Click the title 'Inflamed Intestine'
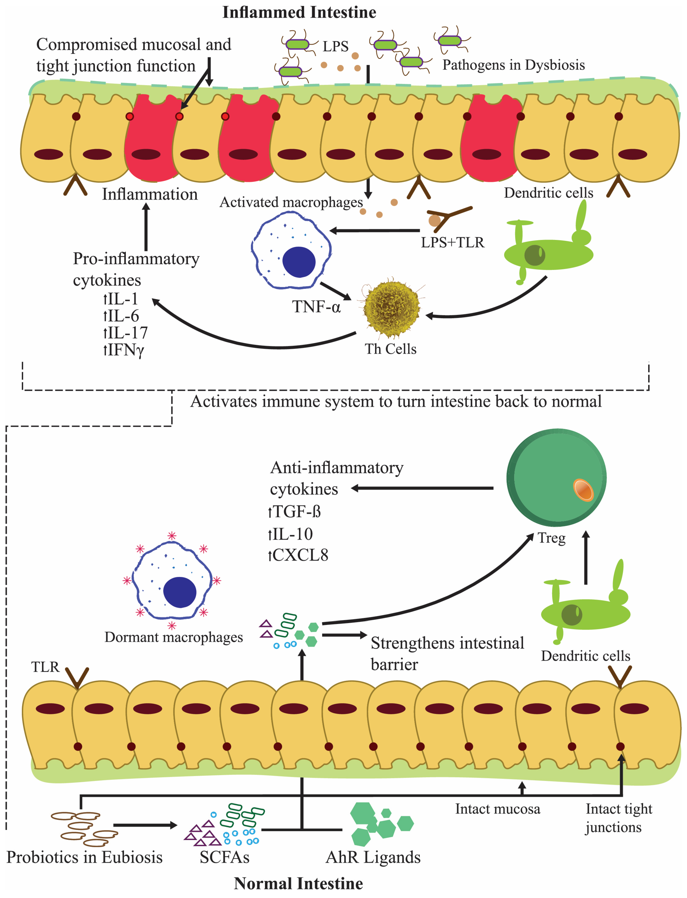(x=299, y=12)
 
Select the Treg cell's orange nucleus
(x=583, y=490)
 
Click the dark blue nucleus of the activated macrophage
(x=299, y=262)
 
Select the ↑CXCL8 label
(x=298, y=555)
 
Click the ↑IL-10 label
(x=290, y=534)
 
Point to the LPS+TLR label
(x=452, y=242)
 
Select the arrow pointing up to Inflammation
(x=146, y=227)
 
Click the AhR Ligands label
(x=373, y=857)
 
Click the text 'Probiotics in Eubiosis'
(x=84, y=857)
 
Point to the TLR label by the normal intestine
(x=45, y=667)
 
